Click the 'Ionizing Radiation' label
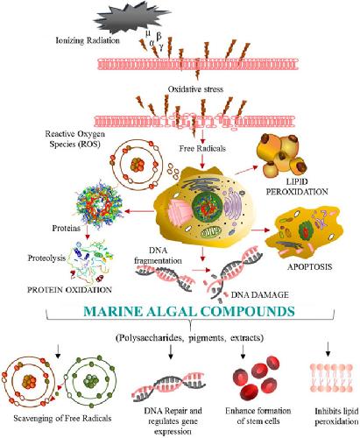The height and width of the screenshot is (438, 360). coord(88,40)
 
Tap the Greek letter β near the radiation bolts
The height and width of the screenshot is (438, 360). coord(159,36)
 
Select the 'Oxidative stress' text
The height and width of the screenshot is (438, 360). coord(195,88)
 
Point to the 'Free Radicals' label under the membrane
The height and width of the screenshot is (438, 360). coord(202,148)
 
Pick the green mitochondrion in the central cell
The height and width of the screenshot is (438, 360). coord(211,232)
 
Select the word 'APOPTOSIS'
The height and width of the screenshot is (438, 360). coord(310,266)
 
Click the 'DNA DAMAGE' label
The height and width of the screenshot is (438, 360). coord(260,294)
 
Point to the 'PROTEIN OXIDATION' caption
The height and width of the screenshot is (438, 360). coord(69,290)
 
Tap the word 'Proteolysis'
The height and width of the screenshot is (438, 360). coord(46,258)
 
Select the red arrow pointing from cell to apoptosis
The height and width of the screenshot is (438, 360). coord(260,230)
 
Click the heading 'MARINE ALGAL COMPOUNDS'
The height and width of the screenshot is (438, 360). coord(189,312)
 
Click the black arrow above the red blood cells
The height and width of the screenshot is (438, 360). coord(243,351)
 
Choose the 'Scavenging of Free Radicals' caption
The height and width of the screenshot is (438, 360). coord(62,418)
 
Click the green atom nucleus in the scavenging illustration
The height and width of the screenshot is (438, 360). coord(91,381)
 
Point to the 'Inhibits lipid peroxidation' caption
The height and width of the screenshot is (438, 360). coord(336,416)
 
